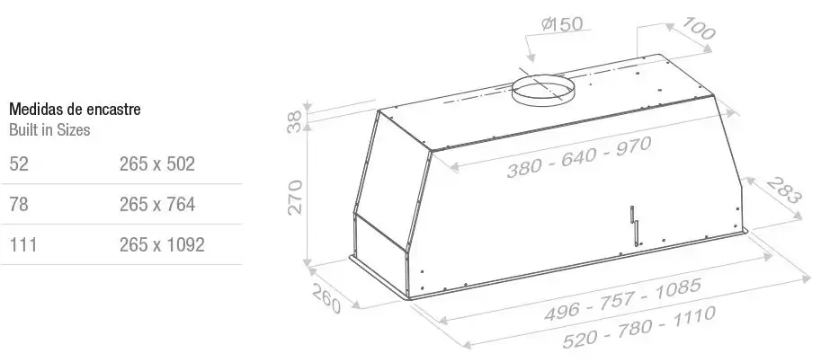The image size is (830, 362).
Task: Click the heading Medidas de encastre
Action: point(76,110)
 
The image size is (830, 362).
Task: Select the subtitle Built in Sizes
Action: point(49,130)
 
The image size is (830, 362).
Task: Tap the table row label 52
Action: point(19,163)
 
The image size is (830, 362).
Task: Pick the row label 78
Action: point(19,204)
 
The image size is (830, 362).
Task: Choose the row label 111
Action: point(23,244)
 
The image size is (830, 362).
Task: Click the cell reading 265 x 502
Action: point(157,163)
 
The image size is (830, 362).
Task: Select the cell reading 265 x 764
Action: point(157,204)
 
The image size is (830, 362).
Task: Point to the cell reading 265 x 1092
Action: point(162,244)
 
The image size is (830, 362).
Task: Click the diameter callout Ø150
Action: point(562,24)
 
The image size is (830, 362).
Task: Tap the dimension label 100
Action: point(698,28)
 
